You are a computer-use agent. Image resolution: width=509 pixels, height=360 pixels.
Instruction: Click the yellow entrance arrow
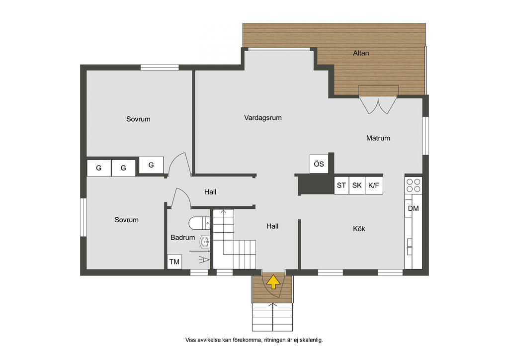click(x=273, y=282)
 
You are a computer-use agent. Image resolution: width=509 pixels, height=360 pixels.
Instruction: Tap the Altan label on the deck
click(x=361, y=53)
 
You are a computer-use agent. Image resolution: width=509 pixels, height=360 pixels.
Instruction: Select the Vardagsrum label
click(x=263, y=117)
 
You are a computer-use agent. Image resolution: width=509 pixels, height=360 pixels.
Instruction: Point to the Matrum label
click(x=378, y=138)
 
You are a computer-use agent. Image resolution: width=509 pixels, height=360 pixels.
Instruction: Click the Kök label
click(x=359, y=229)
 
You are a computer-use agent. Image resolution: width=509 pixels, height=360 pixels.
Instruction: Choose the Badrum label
click(x=183, y=237)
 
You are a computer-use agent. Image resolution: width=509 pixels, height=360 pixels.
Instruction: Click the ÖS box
click(x=319, y=164)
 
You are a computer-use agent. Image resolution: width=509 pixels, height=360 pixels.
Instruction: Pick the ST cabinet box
click(x=341, y=185)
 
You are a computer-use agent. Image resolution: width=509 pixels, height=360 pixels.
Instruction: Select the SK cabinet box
click(x=357, y=185)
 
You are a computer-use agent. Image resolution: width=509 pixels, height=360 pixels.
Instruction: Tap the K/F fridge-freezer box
click(x=374, y=185)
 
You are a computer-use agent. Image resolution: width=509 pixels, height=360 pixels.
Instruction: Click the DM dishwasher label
click(x=413, y=208)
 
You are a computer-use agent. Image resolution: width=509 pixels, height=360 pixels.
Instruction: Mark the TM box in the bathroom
click(x=174, y=262)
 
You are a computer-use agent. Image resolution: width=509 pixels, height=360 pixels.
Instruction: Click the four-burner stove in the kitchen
click(x=414, y=185)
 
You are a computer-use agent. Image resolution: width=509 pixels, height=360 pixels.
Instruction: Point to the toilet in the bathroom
click(x=199, y=223)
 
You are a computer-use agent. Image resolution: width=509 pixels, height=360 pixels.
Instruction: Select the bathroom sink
click(x=205, y=242)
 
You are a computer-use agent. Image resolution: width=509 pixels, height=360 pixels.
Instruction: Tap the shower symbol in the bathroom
click(x=204, y=260)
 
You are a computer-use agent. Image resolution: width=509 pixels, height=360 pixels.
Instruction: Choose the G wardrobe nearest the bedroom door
click(x=151, y=165)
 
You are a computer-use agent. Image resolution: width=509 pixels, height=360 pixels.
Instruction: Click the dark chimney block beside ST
click(x=316, y=184)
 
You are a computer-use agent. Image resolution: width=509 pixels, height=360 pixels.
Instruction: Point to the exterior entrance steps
click(x=273, y=317)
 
